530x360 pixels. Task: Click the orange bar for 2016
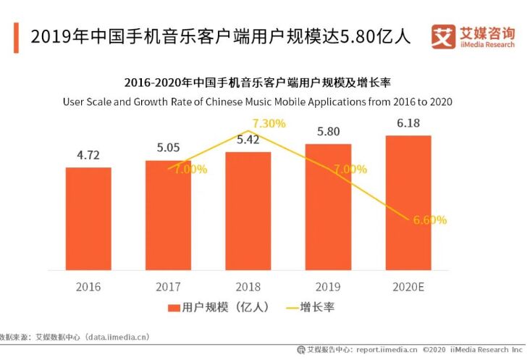88,218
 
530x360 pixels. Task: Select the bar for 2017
168,214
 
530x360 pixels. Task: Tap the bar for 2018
248,210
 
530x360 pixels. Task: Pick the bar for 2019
328,206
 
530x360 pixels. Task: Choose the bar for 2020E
408,202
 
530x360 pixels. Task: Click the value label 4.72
88,156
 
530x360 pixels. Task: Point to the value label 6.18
408,124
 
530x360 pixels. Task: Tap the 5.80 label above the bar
328,133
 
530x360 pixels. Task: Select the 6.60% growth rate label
429,219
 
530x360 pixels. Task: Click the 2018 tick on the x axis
248,286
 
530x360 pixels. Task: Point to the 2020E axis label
408,286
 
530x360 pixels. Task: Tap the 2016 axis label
88,286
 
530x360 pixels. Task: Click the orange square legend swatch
173,308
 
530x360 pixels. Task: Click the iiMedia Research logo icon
444,37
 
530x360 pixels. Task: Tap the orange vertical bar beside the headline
16,37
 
